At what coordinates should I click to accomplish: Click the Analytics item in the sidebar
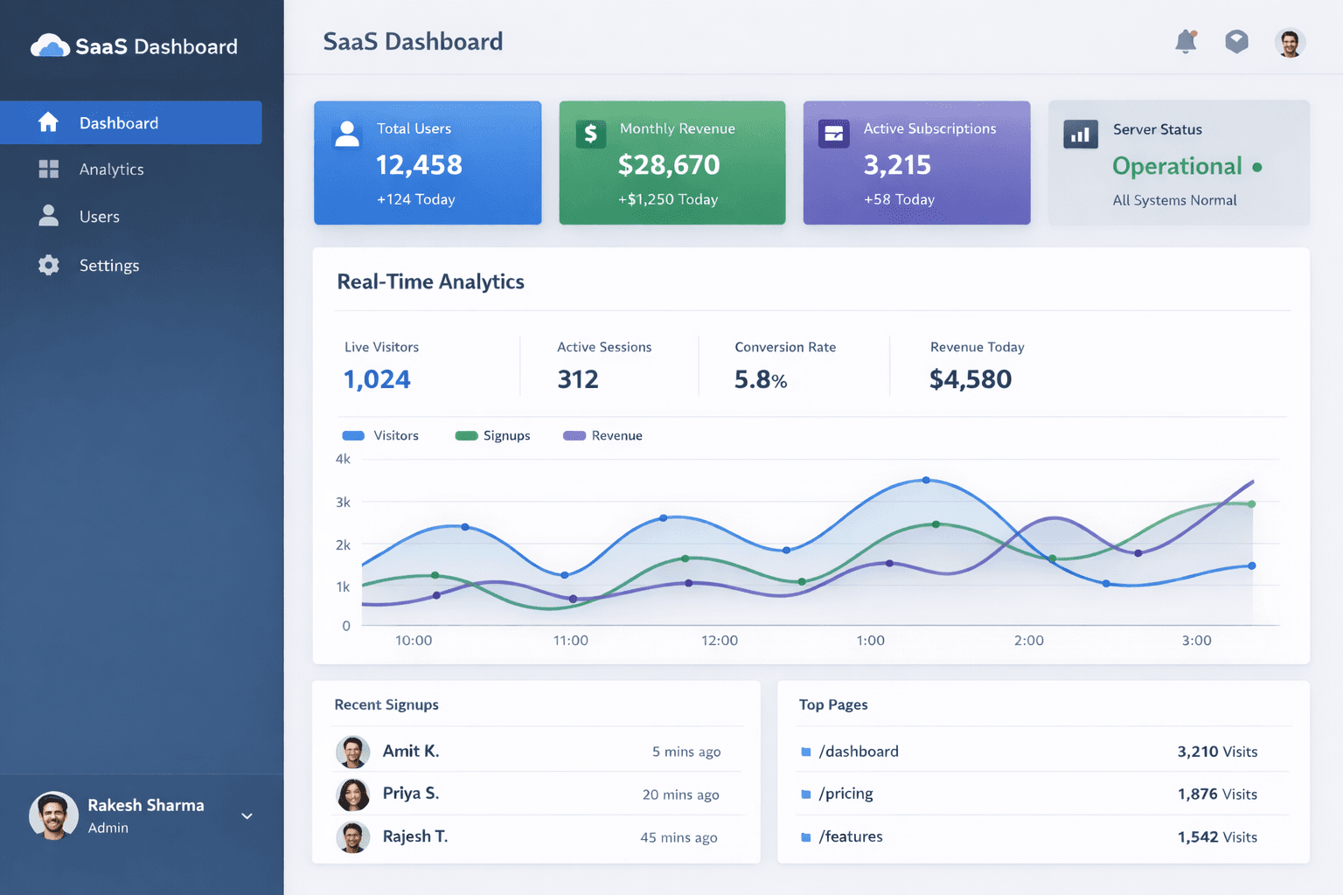click(111, 170)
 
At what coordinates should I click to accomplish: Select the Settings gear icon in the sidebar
click(49, 265)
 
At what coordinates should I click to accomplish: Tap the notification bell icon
click(1186, 41)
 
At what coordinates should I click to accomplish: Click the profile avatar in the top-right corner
click(1289, 42)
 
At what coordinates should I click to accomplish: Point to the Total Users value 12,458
click(419, 164)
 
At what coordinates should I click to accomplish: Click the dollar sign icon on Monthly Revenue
click(591, 133)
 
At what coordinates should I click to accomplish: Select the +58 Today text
click(899, 199)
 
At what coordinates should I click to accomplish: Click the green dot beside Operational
click(1257, 167)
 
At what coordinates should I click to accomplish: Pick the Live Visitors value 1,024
click(377, 379)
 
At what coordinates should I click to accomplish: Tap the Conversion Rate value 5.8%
click(761, 379)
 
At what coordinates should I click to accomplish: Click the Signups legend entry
click(493, 435)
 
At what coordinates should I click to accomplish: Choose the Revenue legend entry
click(603, 435)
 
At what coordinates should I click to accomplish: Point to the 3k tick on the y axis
click(343, 502)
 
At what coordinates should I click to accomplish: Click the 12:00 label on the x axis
click(720, 641)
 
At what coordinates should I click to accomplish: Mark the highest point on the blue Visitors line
click(927, 480)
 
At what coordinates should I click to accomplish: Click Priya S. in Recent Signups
click(411, 793)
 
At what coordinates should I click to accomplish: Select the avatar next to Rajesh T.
click(353, 837)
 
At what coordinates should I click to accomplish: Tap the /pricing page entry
click(845, 794)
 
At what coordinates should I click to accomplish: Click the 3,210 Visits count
click(1217, 752)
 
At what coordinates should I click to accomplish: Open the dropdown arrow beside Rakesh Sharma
click(247, 816)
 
